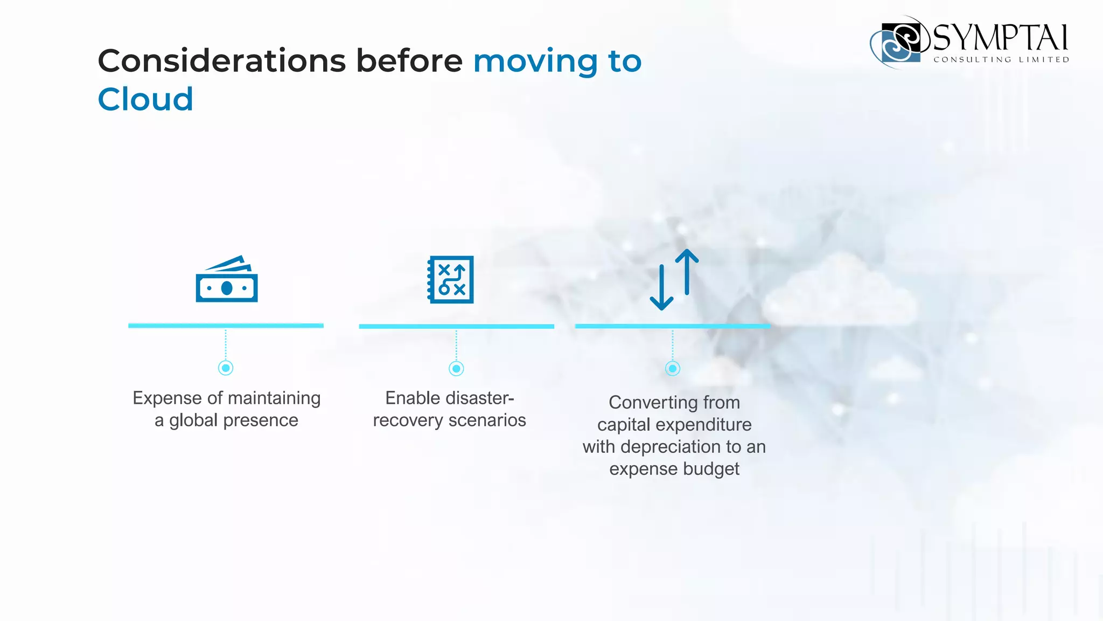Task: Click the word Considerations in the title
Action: (222, 61)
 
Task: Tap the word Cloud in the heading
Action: (145, 100)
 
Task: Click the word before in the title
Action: (409, 61)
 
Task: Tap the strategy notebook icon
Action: (451, 279)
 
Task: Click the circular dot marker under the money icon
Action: (226, 368)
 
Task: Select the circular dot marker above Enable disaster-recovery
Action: (456, 369)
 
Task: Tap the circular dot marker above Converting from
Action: (672, 369)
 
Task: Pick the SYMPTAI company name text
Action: (1000, 38)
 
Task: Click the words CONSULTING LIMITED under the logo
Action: (1001, 60)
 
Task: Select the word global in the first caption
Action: (193, 420)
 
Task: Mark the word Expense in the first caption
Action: (166, 398)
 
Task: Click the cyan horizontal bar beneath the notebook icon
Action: (456, 327)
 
